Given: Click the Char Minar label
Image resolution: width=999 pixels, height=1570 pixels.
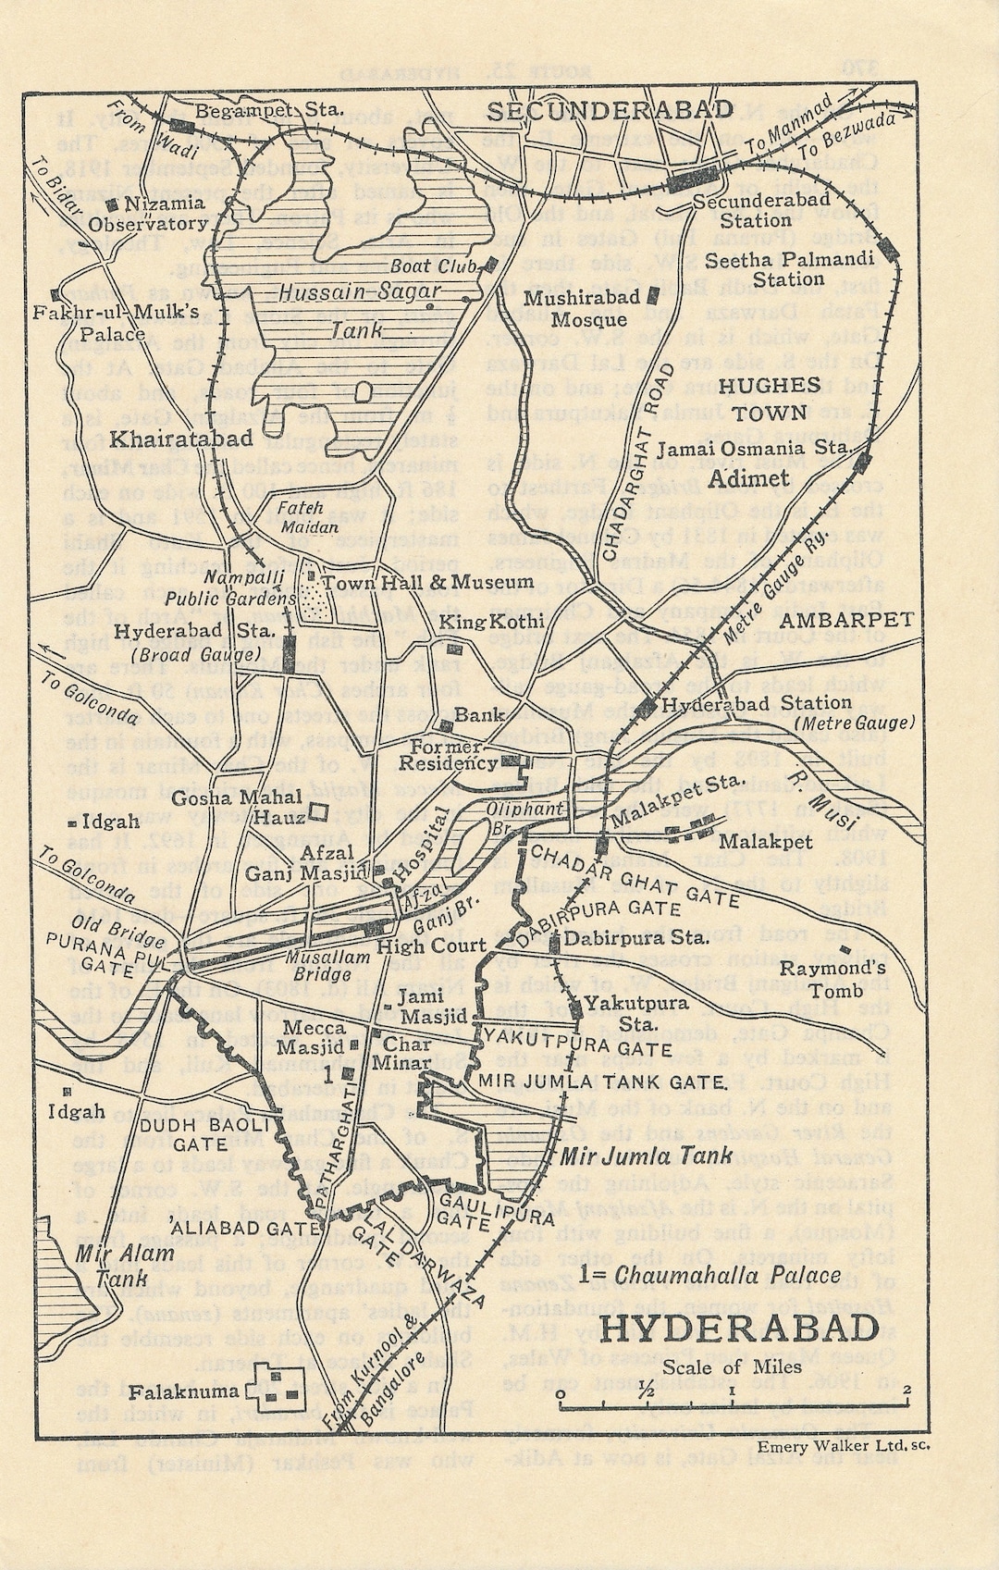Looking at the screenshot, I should [401, 1054].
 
